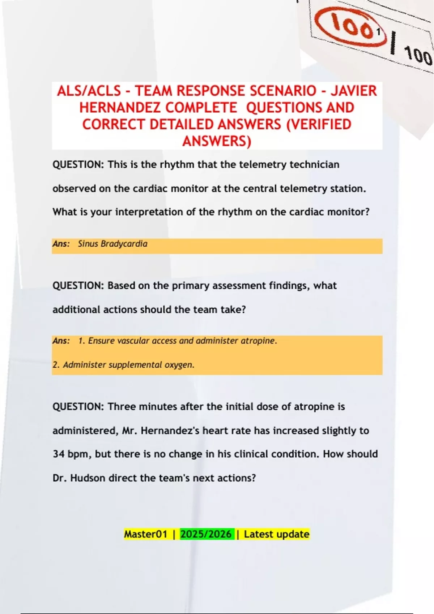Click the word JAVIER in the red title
(354, 91)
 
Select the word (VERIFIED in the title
(319, 124)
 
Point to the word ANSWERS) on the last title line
(217, 141)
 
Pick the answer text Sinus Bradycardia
(112, 244)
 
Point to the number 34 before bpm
(59, 454)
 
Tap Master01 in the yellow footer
(146, 534)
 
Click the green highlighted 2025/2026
(206, 534)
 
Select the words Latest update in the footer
(277, 534)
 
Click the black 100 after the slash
(418, 56)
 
